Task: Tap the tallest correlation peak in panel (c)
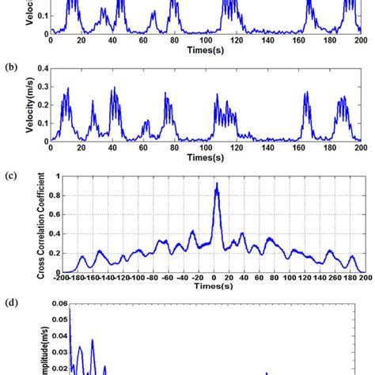216,184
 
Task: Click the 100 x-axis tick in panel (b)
207,148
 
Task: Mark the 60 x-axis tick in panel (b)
145,148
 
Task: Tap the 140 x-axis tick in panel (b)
270,148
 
